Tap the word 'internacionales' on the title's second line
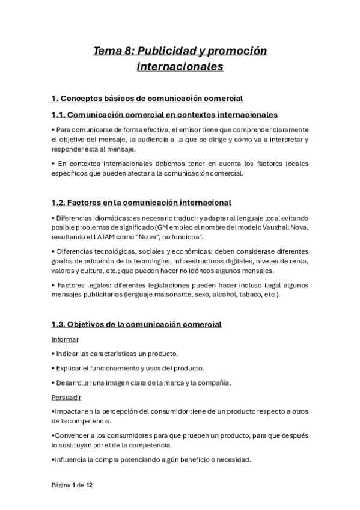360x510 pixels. pyautogui.click(x=180, y=66)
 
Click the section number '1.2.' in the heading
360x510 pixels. pyautogui.click(x=60, y=203)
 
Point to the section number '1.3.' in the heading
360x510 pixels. pyautogui.click(x=60, y=324)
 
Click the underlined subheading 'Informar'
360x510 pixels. pyautogui.click(x=65, y=339)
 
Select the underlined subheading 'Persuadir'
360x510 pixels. pyautogui.click(x=66, y=398)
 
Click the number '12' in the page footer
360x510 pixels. pyautogui.click(x=89, y=485)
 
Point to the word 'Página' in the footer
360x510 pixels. pyautogui.click(x=61, y=485)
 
